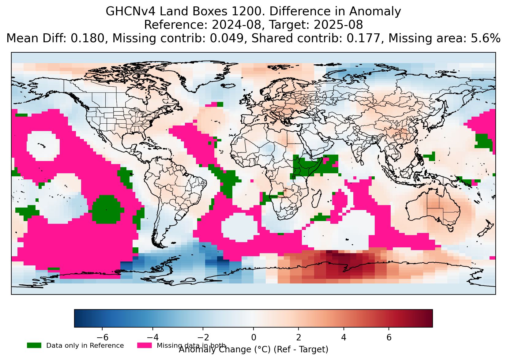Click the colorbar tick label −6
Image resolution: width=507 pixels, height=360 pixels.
pyautogui.click(x=102, y=337)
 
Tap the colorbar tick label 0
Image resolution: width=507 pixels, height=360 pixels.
pyautogui.click(x=254, y=337)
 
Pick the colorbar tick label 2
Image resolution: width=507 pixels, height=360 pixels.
pyautogui.click(x=299, y=337)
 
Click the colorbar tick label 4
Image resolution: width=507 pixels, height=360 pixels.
pyautogui.click(x=344, y=337)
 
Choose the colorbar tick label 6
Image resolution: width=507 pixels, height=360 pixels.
pyautogui.click(x=389, y=337)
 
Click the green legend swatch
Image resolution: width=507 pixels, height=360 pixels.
pyautogui.click(x=34, y=345)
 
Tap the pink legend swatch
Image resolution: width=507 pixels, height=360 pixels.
pyautogui.click(x=145, y=345)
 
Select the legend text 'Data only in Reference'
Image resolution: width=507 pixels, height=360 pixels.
pyautogui.click(x=85, y=346)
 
